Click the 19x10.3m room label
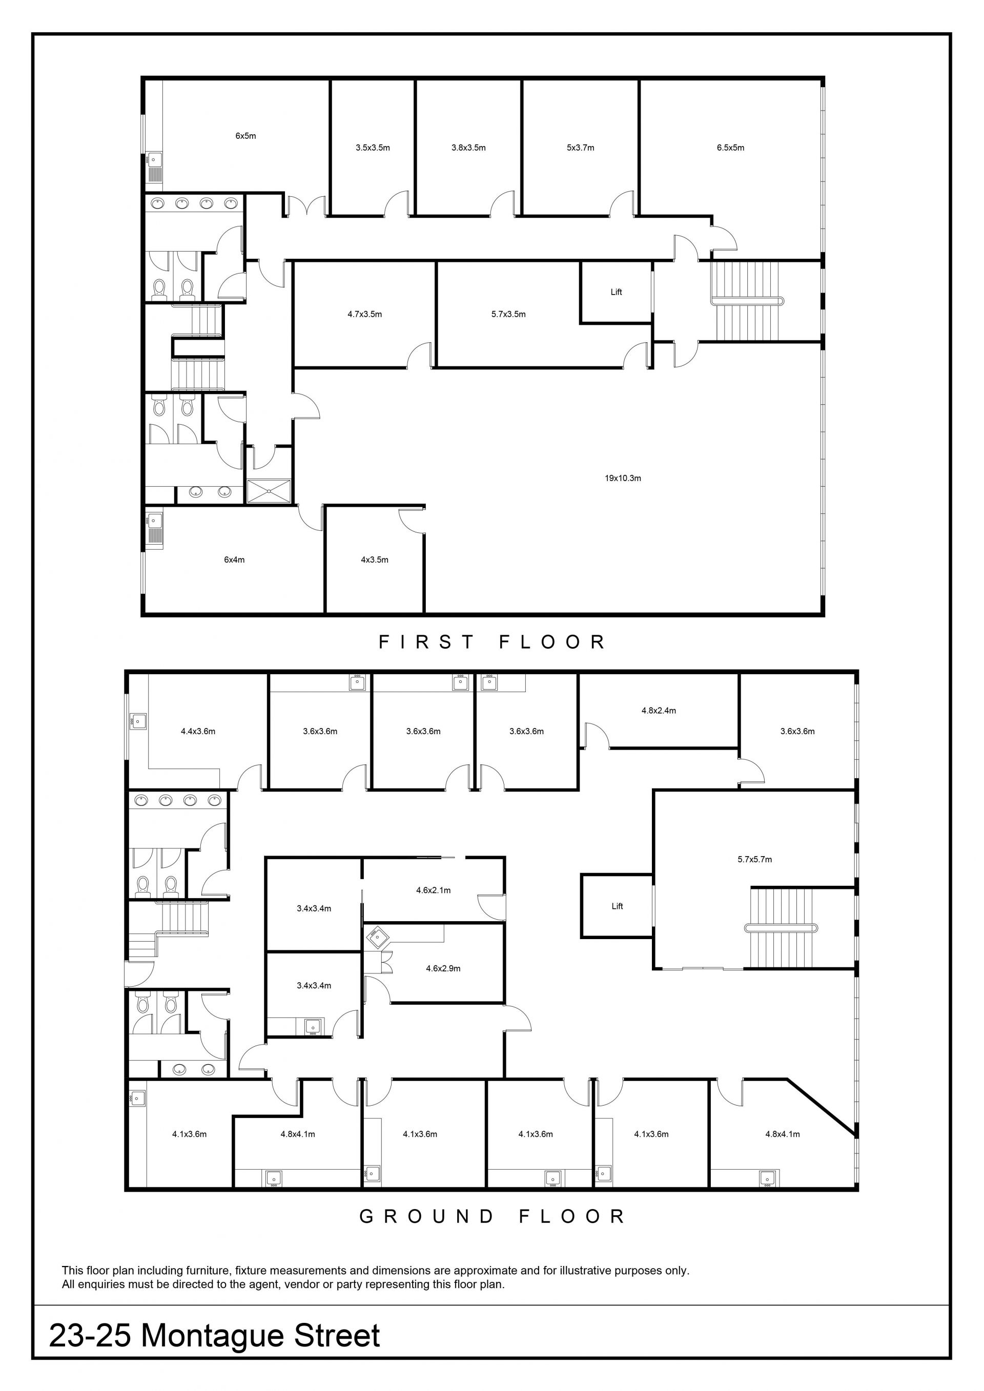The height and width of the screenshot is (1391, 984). (x=623, y=478)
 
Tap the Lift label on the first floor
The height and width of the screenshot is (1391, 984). (x=616, y=292)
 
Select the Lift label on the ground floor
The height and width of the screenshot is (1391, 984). (x=618, y=906)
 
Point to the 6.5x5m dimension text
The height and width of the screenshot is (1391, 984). (x=731, y=148)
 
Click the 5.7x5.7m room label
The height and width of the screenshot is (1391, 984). (x=755, y=859)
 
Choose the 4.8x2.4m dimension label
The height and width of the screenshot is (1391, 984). (x=659, y=711)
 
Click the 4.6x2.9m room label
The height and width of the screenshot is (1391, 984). (x=443, y=969)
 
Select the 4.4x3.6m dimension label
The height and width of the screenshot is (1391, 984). (x=198, y=731)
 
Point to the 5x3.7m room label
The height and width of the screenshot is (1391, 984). (x=581, y=148)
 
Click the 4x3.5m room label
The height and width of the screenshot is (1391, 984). (x=375, y=560)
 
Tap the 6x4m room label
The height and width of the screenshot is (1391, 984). (x=235, y=560)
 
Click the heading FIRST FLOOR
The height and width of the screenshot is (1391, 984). (x=492, y=642)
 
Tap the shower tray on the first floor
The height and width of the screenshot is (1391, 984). (x=269, y=491)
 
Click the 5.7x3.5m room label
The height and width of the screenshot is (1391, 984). (x=508, y=315)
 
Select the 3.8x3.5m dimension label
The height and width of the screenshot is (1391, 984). (x=468, y=148)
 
